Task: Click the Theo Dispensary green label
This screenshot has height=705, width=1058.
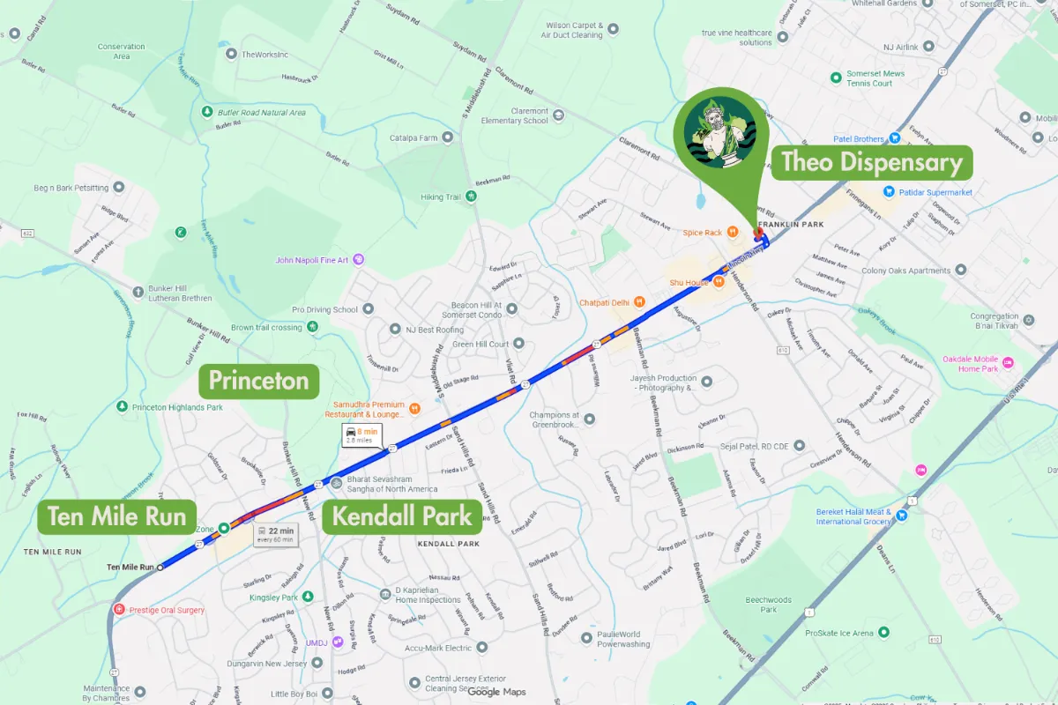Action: click(872, 162)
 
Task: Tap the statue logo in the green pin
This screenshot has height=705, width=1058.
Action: click(720, 132)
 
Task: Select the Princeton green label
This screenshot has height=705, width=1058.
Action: click(258, 381)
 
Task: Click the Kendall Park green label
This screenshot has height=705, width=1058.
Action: click(402, 516)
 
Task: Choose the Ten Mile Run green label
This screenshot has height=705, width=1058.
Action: click(116, 516)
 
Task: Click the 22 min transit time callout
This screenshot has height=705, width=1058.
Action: click(275, 534)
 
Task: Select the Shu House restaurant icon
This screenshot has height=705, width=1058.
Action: click(719, 282)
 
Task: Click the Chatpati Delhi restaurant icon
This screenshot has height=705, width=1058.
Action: click(639, 302)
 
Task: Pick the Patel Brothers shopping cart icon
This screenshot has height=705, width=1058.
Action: click(894, 138)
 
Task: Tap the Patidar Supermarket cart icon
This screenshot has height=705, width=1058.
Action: click(890, 191)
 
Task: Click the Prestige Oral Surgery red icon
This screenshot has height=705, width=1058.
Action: click(119, 609)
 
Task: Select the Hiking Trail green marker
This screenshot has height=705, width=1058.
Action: click(471, 197)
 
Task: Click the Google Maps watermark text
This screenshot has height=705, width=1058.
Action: click(496, 692)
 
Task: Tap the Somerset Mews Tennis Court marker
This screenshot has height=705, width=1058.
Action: click(836, 78)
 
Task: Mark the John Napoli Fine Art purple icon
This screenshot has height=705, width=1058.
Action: click(359, 260)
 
